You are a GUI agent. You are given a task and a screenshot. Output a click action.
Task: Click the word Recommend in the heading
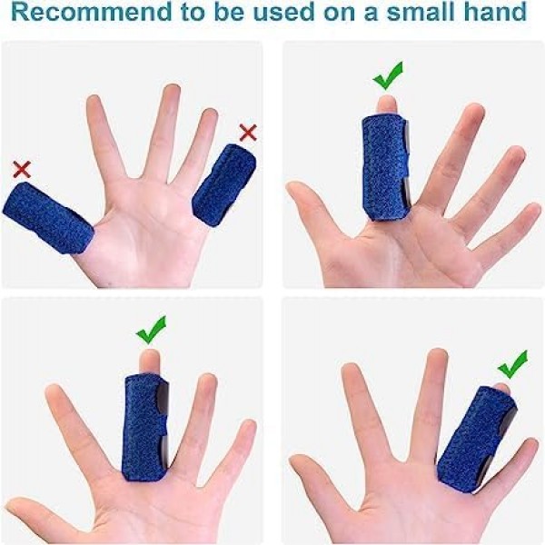[x=92, y=11]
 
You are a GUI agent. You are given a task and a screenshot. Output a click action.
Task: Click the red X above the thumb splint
[x=22, y=169]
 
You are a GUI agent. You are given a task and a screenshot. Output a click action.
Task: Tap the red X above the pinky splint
[x=248, y=133]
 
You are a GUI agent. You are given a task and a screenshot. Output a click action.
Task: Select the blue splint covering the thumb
[x=47, y=218]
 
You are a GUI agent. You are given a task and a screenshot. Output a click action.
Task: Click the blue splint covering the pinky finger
[x=223, y=186]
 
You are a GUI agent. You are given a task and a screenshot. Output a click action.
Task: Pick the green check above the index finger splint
[x=388, y=76]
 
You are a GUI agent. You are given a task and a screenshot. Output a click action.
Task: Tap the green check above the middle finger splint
[x=151, y=331]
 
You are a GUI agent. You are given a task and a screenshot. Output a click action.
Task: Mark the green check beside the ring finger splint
[x=512, y=364]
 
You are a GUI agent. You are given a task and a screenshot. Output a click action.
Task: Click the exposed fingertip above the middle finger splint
[x=150, y=362]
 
